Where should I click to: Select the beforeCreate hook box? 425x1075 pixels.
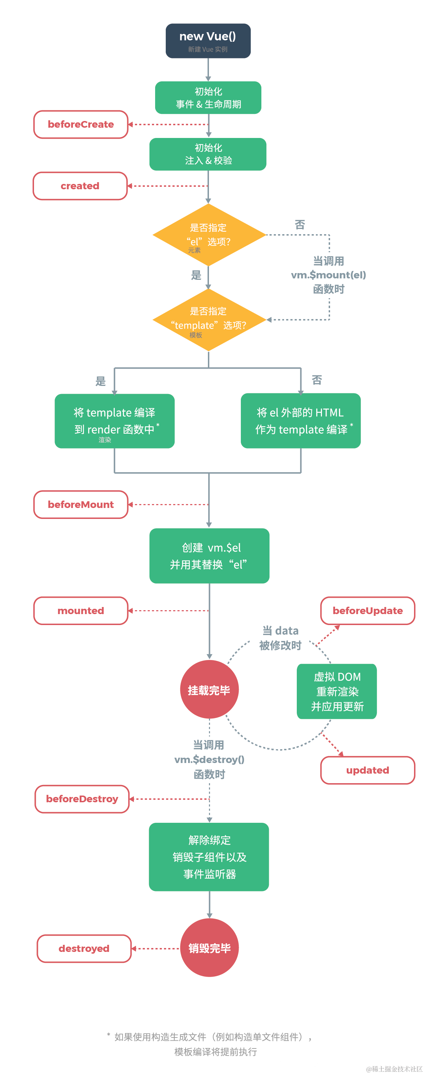point(81,125)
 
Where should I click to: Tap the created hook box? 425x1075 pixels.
point(80,186)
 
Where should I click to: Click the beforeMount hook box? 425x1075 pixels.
point(81,504)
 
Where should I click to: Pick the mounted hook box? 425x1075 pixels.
point(81,610)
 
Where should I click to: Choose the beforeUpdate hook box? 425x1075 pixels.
point(367,610)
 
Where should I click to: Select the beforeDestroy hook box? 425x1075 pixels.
point(82,798)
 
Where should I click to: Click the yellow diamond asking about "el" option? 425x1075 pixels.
point(209,235)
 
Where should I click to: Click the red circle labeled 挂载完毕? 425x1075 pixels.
point(209,689)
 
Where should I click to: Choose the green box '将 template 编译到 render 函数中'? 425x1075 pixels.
point(114,421)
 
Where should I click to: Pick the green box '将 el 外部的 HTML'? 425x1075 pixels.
point(300,420)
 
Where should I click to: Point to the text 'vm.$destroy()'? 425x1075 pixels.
point(209,759)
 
